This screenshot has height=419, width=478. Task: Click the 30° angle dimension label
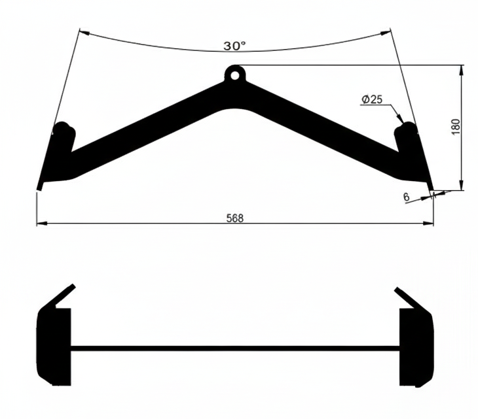(234, 46)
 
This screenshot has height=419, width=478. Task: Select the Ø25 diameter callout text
(371, 99)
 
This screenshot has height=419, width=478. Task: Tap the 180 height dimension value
(456, 127)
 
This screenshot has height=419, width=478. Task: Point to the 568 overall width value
(234, 218)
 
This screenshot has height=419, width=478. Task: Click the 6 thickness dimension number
(407, 196)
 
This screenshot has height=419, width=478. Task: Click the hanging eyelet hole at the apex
(234, 74)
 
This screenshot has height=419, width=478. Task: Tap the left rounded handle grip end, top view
(63, 129)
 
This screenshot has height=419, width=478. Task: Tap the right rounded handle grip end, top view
(407, 129)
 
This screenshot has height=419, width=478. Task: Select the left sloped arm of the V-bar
(144, 127)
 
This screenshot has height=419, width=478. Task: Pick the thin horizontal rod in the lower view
(234, 348)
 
